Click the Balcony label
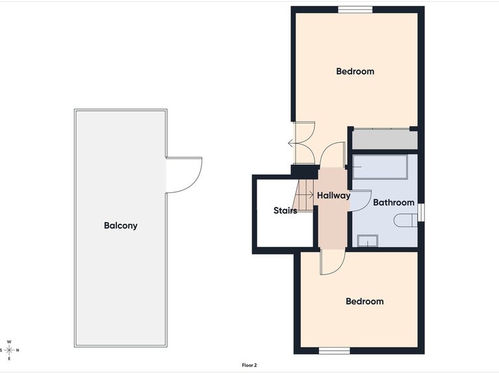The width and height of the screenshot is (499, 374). [x=121, y=225]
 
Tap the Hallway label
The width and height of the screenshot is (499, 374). [x=333, y=195]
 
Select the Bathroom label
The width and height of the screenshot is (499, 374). [x=394, y=203]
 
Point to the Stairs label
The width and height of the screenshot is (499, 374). [x=285, y=210]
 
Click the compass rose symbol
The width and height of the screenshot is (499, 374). [x=9, y=350]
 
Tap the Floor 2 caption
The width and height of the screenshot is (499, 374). [x=249, y=366]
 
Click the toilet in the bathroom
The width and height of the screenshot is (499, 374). [x=405, y=220]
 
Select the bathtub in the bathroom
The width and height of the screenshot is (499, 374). [x=380, y=167]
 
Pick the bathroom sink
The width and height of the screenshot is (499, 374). [x=368, y=241]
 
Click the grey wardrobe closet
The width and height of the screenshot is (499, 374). [x=385, y=139]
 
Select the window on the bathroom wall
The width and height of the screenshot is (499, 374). [x=421, y=212]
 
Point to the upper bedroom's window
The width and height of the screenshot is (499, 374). [x=355, y=10]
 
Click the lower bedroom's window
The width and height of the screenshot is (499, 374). [x=335, y=351]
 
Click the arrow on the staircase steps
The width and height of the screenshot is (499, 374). [x=307, y=194]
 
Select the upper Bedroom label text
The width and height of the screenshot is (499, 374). [x=355, y=71]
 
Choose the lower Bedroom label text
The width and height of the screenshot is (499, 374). [x=365, y=301]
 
